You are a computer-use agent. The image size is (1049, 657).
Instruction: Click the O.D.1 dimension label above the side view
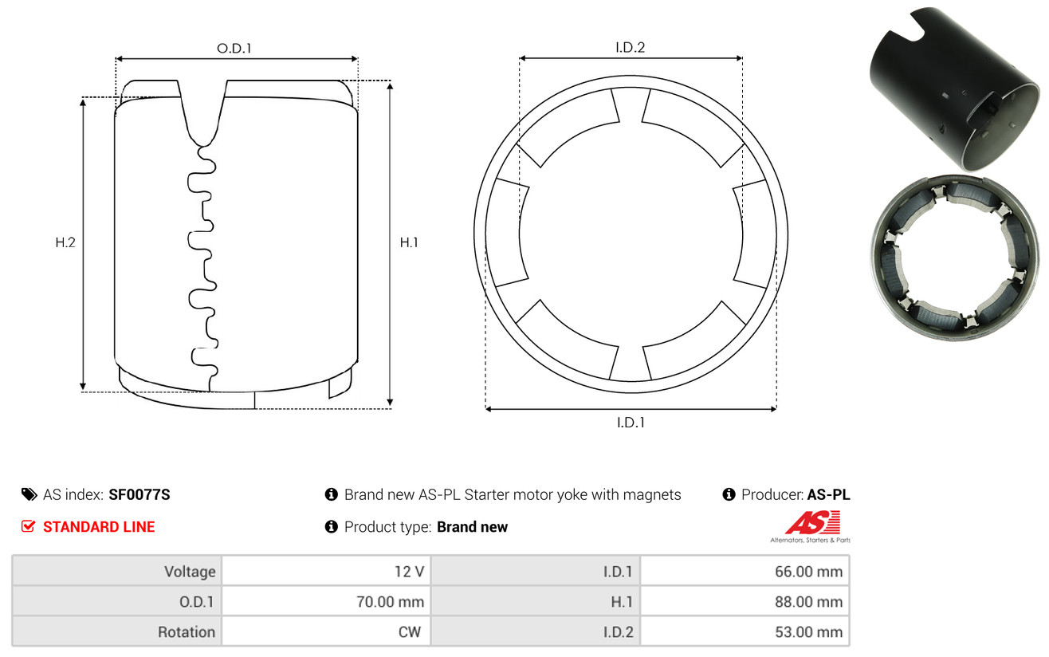point(234,48)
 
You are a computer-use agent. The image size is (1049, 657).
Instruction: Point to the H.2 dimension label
point(65,242)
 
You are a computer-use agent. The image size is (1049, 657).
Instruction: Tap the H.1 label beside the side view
point(409,242)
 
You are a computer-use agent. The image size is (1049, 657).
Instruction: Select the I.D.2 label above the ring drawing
point(630,47)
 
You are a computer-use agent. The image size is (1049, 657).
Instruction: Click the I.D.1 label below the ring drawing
point(631,423)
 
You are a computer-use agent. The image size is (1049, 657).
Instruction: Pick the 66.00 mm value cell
point(808,572)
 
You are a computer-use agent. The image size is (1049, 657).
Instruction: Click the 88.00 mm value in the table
point(808,602)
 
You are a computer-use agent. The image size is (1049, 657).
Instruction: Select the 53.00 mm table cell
point(808,631)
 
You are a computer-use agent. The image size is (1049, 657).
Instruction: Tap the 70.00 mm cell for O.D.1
point(390,602)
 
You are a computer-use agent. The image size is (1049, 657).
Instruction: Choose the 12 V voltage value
point(409,572)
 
